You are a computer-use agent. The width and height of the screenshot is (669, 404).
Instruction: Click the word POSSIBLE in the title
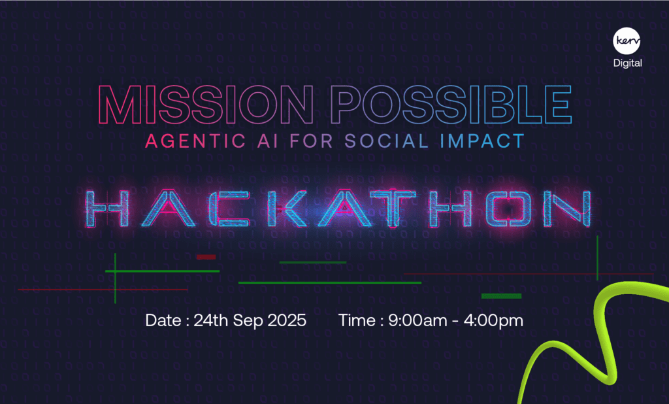pyautogui.click(x=451, y=105)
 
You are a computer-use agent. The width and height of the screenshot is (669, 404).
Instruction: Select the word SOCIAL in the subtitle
pyautogui.click(x=387, y=141)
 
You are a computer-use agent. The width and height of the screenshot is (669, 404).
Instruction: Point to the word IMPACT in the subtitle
pyautogui.click(x=482, y=141)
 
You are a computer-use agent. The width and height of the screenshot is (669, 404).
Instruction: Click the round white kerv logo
pyautogui.click(x=627, y=41)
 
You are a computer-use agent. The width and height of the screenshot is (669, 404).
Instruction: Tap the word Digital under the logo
pyautogui.click(x=628, y=63)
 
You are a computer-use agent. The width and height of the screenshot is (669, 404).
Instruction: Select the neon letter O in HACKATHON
pyautogui.click(x=510, y=209)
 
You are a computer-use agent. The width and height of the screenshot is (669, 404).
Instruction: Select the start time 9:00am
pyautogui.click(x=417, y=320)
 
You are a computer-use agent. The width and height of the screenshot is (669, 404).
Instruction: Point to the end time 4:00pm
pyautogui.click(x=493, y=320)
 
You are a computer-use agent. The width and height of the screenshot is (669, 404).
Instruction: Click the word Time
pyautogui.click(x=357, y=320)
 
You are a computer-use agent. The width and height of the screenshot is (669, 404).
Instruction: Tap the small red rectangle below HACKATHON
pyautogui.click(x=206, y=257)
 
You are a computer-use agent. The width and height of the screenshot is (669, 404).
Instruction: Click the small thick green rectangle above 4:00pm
pyautogui.click(x=501, y=296)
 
